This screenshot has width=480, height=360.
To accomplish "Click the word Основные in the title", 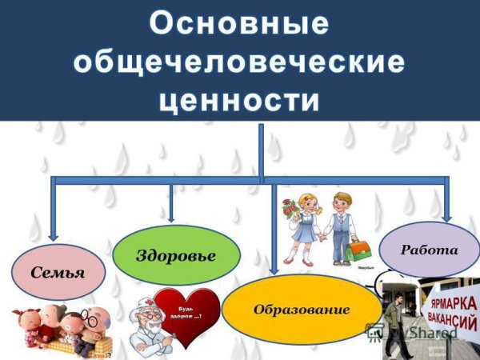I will pos(238,23).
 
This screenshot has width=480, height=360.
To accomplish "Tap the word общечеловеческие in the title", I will pos(238,62).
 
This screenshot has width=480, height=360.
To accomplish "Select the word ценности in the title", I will pos(238,100).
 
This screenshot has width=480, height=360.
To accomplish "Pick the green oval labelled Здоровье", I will pos(176,255).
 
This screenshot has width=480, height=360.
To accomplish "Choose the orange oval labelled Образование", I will pos(302,309).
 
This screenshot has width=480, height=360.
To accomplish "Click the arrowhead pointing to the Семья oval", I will pos(53,235).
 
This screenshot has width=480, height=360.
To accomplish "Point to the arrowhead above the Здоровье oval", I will pos(171,216).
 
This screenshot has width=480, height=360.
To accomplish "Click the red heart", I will pos(186,316).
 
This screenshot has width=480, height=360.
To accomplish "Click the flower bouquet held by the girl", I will pos(290,210).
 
